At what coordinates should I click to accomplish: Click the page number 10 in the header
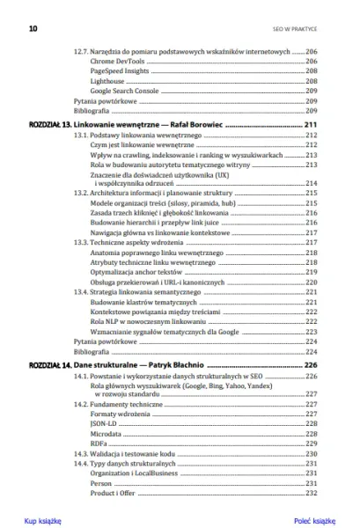click(33, 28)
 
